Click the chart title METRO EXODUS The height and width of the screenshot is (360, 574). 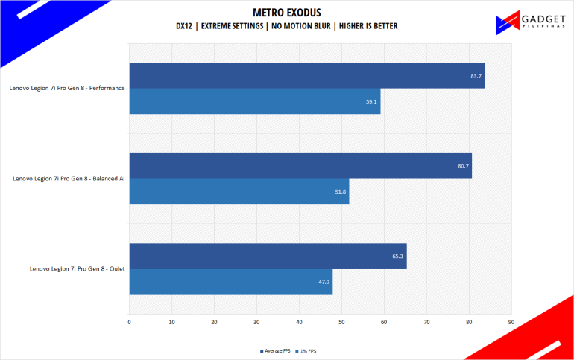pyautogui.click(x=287, y=12)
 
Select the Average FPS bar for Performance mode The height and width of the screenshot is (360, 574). pyautogui.click(x=306, y=75)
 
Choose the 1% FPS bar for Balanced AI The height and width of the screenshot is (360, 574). pyautogui.click(x=239, y=192)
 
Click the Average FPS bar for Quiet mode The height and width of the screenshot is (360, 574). pyautogui.click(x=268, y=256)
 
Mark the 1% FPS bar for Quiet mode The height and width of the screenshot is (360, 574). pyautogui.click(x=230, y=281)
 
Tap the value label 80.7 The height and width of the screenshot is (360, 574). pyautogui.click(x=463, y=165)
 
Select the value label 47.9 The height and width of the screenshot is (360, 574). pyautogui.click(x=324, y=281)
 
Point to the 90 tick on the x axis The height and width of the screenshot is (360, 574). pyautogui.click(x=511, y=323)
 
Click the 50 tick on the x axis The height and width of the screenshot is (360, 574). pyautogui.click(x=341, y=323)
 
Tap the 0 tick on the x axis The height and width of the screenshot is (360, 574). pyautogui.click(x=130, y=323)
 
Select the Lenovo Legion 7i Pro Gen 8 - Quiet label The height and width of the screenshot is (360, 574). pyautogui.click(x=77, y=268)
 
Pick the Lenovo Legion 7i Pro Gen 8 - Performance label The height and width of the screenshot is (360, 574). pyautogui.click(x=67, y=88)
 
